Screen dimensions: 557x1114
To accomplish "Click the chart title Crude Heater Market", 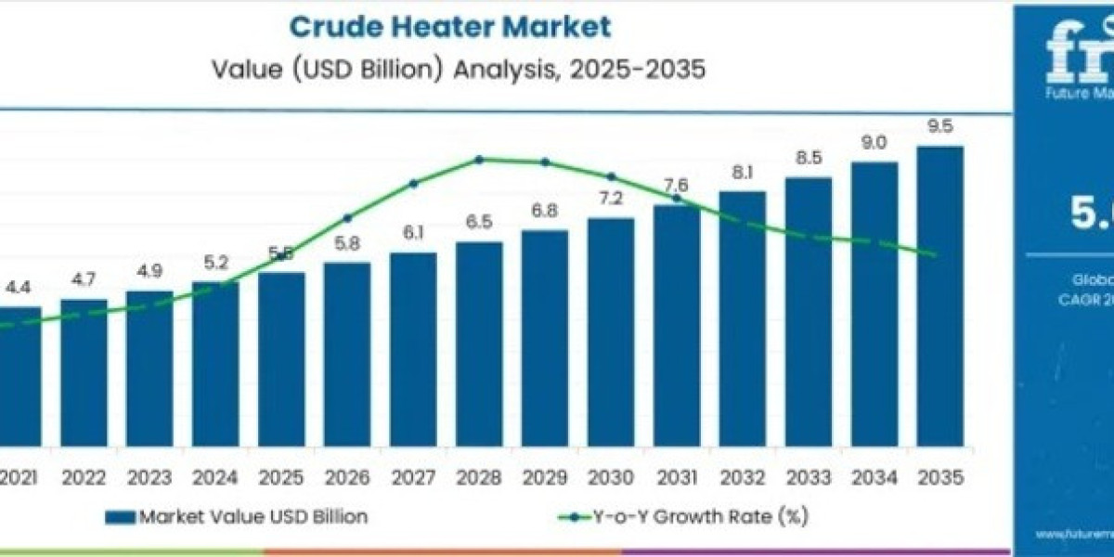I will (x=450, y=27).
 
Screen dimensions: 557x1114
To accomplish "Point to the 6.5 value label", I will (x=479, y=223).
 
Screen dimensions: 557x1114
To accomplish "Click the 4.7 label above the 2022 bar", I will (x=84, y=279).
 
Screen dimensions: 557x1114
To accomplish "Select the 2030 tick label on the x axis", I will (x=611, y=477).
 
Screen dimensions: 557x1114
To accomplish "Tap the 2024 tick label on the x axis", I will (x=215, y=477).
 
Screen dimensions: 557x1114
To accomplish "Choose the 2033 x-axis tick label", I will (x=808, y=477).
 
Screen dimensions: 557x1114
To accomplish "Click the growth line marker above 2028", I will (x=479, y=160).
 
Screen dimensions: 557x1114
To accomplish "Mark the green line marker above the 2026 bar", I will (x=347, y=218).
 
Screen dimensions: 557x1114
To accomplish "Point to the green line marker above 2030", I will (x=611, y=176).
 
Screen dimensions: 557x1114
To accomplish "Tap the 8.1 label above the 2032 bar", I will (x=742, y=173).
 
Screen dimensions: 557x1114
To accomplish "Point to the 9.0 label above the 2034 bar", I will (x=874, y=143).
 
